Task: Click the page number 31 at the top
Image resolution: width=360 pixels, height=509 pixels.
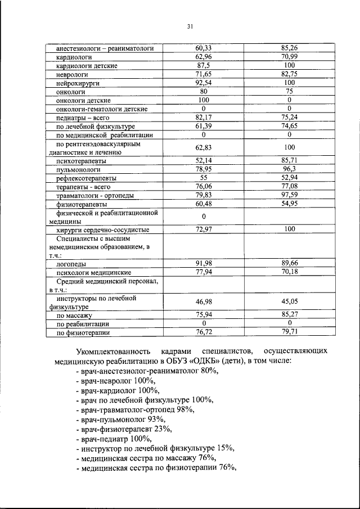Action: click(190, 26)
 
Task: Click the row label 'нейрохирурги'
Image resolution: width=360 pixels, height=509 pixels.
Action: click(78, 82)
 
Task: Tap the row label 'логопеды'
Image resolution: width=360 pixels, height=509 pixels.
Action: click(71, 263)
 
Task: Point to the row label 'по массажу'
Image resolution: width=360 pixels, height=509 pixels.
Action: click(74, 316)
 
